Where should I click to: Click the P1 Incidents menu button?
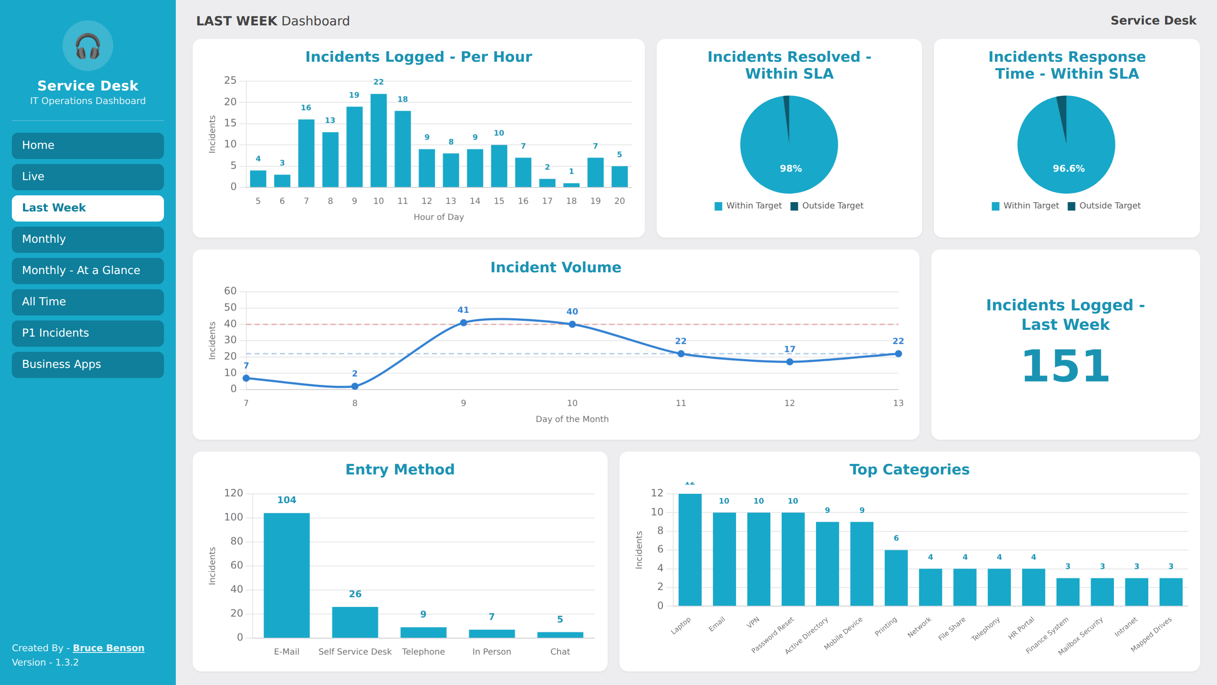click(88, 333)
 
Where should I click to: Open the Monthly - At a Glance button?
click(88, 271)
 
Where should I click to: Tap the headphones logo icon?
click(88, 46)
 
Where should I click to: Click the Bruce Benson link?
click(109, 648)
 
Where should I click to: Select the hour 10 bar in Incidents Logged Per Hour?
click(379, 140)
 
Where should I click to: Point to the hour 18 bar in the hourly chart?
click(571, 185)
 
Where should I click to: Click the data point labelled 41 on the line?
click(464, 323)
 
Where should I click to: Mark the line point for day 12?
click(789, 362)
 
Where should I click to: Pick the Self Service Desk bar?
click(355, 622)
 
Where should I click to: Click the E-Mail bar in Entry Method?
click(287, 575)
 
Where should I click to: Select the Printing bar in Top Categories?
click(896, 578)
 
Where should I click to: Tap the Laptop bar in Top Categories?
click(690, 550)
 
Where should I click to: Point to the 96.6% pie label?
click(1069, 169)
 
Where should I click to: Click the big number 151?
click(1065, 366)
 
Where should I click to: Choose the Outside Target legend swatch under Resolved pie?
click(794, 206)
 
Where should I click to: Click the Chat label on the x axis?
click(560, 652)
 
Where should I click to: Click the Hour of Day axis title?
click(439, 217)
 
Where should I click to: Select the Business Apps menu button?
click(88, 364)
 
